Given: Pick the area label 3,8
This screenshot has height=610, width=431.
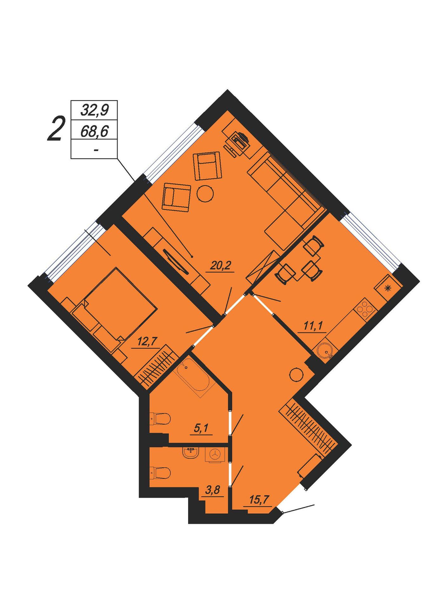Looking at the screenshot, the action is pyautogui.click(x=212, y=490).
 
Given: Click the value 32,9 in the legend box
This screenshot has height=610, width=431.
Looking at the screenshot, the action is pyautogui.click(x=94, y=111).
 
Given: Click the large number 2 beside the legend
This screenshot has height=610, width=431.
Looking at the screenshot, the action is pyautogui.click(x=57, y=129).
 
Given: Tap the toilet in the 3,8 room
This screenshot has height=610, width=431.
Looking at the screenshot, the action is pyautogui.click(x=160, y=472).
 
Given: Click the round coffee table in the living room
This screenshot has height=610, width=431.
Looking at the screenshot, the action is pyautogui.click(x=205, y=193).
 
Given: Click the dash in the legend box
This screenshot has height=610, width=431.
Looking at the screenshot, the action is pyautogui.click(x=95, y=150).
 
